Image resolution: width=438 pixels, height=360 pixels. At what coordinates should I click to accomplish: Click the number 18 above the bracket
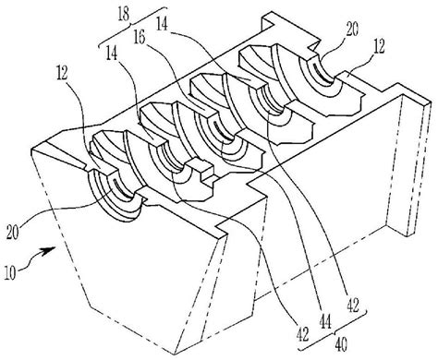124,15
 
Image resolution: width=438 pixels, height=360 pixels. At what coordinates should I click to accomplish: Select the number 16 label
140,37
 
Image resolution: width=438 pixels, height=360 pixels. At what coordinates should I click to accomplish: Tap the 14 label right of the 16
162,24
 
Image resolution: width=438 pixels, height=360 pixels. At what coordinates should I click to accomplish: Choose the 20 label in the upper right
351,30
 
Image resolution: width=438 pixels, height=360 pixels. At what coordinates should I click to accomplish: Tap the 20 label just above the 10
13,232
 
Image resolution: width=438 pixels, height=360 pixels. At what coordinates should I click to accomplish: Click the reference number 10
10,273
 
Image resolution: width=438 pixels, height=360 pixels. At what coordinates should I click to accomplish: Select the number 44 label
325,322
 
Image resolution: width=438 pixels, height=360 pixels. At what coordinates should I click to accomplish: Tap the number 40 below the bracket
341,345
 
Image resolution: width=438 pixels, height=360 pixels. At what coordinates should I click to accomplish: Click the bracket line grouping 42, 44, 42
333,333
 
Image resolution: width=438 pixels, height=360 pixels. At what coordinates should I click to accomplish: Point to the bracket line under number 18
133,27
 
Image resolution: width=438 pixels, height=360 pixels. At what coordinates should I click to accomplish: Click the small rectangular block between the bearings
201,170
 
